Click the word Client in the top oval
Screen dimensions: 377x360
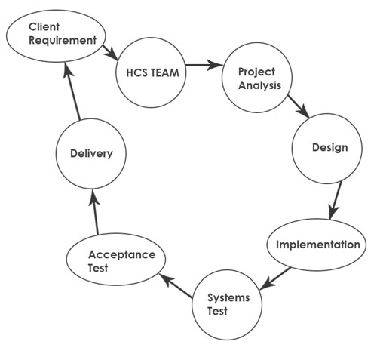44,27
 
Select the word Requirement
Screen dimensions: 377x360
63,40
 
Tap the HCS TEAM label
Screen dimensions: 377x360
152,72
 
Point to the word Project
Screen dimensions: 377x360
256,72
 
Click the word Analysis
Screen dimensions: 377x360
259,85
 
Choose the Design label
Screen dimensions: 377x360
330,148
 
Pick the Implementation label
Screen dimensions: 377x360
318,245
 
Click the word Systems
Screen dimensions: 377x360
228,298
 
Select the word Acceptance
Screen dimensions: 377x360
122,255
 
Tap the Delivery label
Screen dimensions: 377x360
91,154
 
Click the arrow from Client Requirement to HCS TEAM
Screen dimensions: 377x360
110,53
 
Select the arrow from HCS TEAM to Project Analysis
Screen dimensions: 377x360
204,65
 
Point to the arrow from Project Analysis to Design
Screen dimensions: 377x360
299,106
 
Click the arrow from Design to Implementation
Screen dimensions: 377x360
336,200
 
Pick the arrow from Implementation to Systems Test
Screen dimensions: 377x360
275,278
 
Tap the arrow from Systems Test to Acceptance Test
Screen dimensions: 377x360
176,286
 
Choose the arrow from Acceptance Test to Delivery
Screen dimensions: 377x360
95,212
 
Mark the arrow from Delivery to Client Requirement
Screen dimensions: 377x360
72,91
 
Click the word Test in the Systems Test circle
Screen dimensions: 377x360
217,311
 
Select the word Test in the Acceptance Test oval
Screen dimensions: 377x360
98,268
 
